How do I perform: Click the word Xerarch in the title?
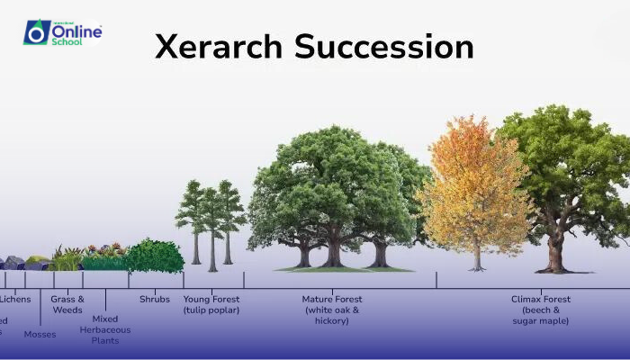(217, 47)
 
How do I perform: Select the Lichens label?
(15, 300)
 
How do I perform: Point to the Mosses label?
(40, 335)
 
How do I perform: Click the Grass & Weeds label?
(67, 304)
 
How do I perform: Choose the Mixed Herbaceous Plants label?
(105, 329)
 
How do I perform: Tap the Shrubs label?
(154, 300)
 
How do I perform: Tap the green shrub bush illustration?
(155, 256)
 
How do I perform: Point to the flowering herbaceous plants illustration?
(104, 257)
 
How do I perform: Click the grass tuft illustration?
(66, 259)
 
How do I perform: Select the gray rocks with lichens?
(13, 263)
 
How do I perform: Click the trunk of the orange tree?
(476, 256)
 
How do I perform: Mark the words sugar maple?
(540, 320)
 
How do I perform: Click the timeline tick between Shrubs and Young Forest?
(184, 280)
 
